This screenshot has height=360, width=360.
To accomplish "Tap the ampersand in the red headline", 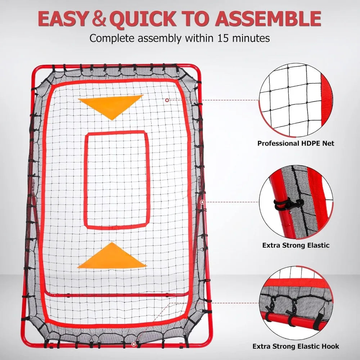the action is click(99, 19).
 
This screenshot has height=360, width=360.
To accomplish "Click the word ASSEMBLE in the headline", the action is click(268, 19).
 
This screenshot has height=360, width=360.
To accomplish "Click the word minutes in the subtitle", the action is click(251, 38).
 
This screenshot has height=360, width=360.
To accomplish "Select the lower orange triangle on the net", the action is click(112, 256).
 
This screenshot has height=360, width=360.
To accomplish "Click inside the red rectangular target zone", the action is click(117, 180).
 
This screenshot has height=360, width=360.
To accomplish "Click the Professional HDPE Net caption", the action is click(296, 144).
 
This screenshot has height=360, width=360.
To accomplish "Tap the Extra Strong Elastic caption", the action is click(296, 245).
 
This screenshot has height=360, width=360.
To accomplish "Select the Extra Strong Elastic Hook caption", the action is click(296, 346).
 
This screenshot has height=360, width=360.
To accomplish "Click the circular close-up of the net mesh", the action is click(296, 100).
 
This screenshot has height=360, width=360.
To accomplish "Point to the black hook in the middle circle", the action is click(288, 204).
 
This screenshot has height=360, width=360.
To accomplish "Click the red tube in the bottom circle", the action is click(296, 320).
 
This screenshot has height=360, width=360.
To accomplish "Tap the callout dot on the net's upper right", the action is click(167, 100).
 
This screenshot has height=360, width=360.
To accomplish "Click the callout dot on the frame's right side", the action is click(202, 202).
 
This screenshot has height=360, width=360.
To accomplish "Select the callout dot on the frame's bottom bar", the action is click(134, 344).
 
